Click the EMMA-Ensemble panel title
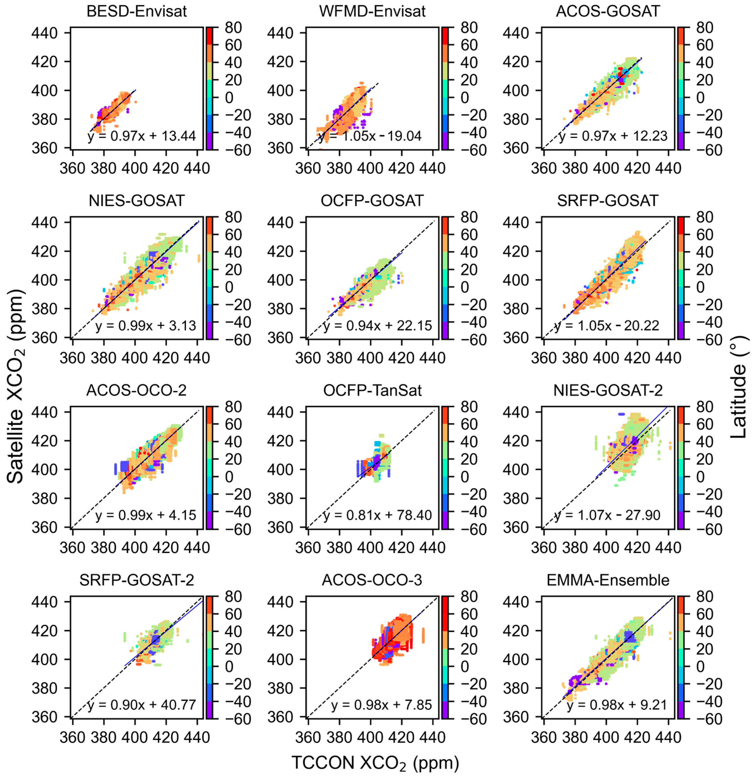[607, 580]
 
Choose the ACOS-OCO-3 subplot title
[372, 580]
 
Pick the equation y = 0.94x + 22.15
[377, 326]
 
